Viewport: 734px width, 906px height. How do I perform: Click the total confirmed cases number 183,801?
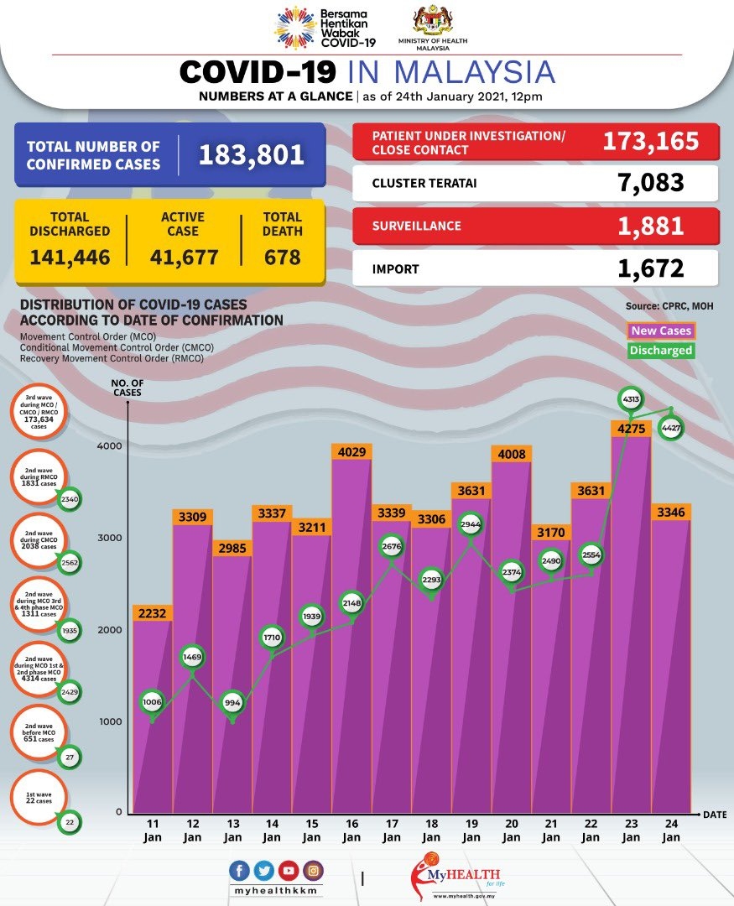pos(251,155)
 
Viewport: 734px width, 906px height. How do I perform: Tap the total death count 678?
pos(282,257)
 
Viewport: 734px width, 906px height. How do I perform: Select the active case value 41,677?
pos(183,257)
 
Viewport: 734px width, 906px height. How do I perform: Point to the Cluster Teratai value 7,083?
pos(648,182)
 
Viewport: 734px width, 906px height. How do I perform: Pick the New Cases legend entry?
pos(661,331)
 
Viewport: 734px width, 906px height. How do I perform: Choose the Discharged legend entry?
pos(661,351)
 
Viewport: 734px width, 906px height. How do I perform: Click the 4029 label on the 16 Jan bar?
pos(351,452)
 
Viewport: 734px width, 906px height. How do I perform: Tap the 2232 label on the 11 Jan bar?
pos(153,613)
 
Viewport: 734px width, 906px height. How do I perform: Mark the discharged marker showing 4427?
pos(670,428)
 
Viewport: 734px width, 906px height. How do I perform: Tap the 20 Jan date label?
pos(511,830)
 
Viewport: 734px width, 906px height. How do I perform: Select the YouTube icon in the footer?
pos(289,871)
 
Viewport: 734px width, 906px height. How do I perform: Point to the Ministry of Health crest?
pos(433,20)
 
